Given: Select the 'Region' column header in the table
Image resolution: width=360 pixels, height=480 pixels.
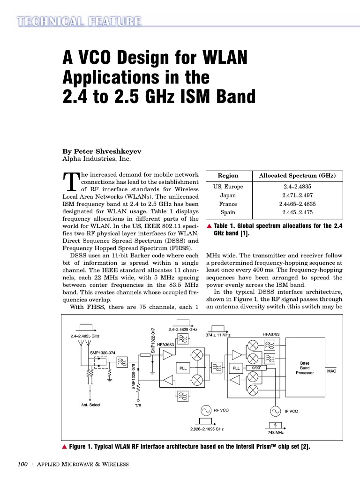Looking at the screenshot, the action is [228, 176].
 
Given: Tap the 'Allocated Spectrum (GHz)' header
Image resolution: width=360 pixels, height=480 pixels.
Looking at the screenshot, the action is [297, 176].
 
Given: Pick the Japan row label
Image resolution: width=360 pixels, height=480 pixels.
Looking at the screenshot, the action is [228, 195].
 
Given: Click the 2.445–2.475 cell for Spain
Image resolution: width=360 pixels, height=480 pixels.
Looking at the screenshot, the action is [297, 212].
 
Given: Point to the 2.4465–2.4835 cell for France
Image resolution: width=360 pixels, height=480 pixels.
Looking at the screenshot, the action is [297, 204].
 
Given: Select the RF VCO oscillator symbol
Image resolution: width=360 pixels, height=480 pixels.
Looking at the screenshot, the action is [206, 411].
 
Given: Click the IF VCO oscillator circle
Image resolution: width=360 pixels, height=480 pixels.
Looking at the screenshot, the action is [276, 411].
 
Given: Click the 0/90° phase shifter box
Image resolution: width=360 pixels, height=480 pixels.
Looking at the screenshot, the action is [256, 368].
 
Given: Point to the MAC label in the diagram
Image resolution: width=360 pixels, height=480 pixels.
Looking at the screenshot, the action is [332, 371].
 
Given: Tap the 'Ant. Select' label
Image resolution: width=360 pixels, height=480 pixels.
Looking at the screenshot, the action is [91, 405].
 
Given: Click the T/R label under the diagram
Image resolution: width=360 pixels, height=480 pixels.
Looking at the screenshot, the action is [138, 406].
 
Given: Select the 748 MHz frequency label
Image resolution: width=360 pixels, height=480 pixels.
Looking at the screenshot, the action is [276, 433].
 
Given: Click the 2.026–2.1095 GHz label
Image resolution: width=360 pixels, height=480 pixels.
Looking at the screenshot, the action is [207, 429].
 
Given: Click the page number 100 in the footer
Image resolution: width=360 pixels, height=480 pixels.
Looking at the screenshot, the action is [22, 465].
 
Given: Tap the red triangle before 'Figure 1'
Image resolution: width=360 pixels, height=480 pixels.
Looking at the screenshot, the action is [65, 447].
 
